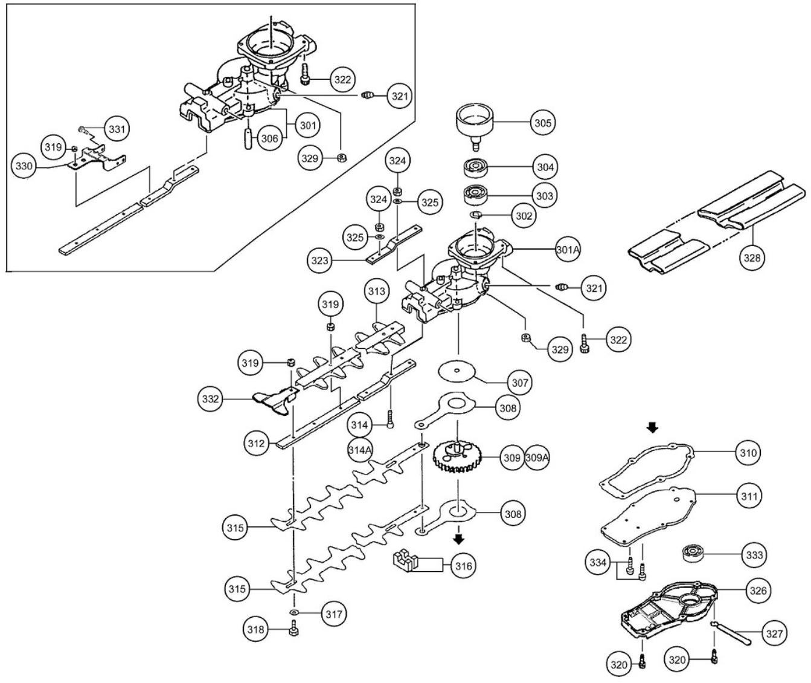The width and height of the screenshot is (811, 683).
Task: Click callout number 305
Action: coord(543,122)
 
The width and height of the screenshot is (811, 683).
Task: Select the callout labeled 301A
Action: coord(568,249)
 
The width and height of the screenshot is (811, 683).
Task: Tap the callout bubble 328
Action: coord(752,257)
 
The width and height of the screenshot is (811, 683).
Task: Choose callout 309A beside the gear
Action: coord(537,457)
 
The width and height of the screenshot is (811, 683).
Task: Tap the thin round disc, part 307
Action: coord(458,371)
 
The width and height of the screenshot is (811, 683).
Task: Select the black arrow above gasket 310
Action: coord(651,427)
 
